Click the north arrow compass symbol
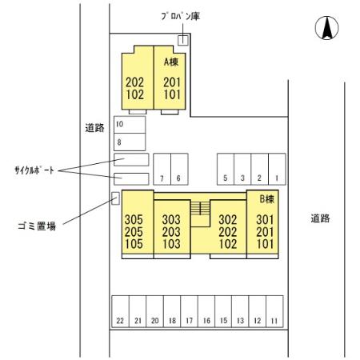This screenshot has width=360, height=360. (326, 29)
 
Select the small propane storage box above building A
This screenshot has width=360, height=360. (182, 40)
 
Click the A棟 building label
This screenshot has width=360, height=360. (170, 61)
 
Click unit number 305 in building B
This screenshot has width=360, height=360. (134, 218)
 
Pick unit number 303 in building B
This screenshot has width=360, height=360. (170, 218)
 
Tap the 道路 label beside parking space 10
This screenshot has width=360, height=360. (94, 127)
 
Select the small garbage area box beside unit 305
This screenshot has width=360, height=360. (114, 198)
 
